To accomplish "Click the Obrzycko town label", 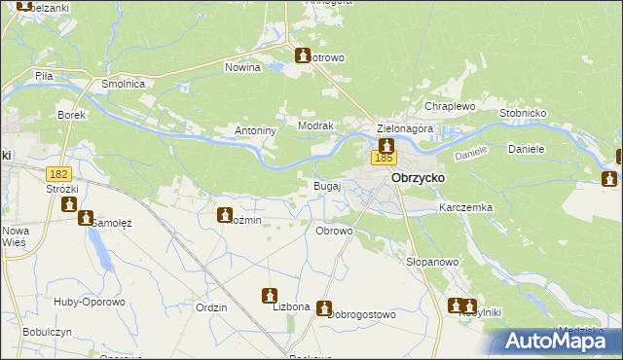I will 418,179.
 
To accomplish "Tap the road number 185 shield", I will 384,158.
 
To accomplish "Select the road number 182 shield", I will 56,172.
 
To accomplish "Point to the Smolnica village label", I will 124,85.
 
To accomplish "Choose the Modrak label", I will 316,126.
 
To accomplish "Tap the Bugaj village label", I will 326,185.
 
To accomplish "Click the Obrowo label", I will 334,231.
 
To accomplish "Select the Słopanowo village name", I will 431,263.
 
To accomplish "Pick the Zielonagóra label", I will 404,128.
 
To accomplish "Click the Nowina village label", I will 242,68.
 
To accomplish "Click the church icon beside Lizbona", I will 270,296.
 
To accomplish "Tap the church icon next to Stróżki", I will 69,204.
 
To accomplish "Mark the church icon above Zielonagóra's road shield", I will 386,144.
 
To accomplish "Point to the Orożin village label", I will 246,221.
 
